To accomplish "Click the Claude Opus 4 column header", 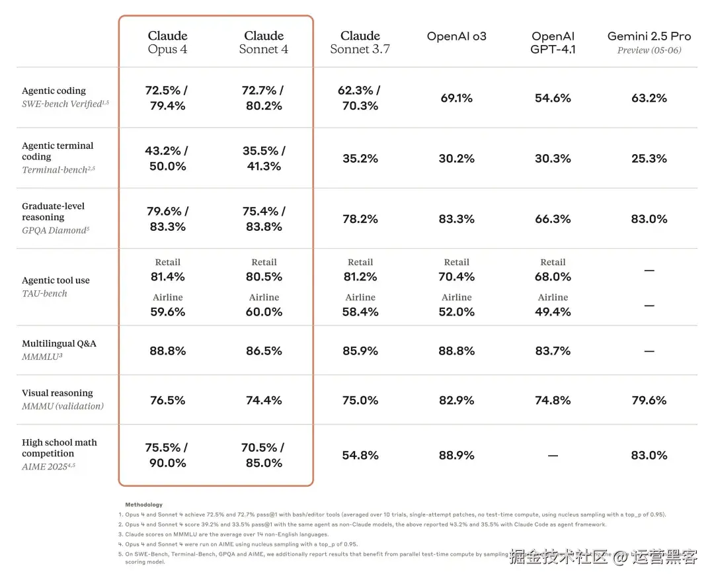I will click(167, 42).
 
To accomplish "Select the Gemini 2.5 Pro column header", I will click(649, 36).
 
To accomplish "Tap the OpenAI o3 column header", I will click(456, 36).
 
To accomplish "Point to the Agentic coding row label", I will click(54, 91).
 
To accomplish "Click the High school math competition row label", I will click(59, 448).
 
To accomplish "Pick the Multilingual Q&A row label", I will click(59, 344).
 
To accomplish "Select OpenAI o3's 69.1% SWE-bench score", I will click(456, 98).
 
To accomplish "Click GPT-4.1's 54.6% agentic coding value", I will click(553, 98).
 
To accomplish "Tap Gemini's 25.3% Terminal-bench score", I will click(649, 159).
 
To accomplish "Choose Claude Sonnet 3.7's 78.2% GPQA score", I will click(360, 219).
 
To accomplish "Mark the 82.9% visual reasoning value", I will click(456, 400).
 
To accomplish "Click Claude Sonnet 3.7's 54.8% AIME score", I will click(360, 455).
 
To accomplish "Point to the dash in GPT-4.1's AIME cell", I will click(553, 456).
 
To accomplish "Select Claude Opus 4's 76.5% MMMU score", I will click(167, 400).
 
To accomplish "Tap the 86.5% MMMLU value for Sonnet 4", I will click(264, 351).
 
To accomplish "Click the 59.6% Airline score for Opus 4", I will click(167, 312).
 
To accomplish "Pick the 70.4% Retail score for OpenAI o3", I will click(456, 276).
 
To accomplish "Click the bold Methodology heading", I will click(143, 505).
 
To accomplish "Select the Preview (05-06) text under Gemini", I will click(649, 50).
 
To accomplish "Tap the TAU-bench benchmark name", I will click(44, 293).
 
